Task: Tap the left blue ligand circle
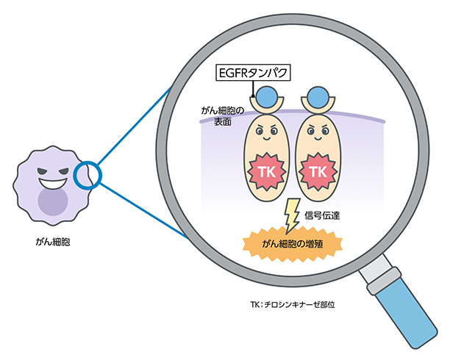[267, 96]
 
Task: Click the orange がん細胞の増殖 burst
[294, 242]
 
